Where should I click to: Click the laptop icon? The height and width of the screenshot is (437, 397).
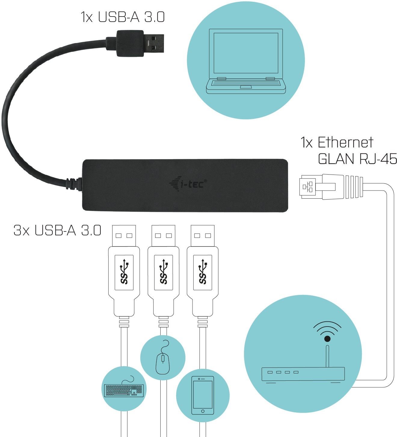[x=246, y=61]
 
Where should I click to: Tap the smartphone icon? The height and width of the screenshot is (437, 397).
[x=202, y=395]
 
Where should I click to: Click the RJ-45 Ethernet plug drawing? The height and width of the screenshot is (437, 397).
[x=331, y=187]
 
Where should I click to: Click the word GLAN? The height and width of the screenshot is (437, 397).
[x=336, y=159]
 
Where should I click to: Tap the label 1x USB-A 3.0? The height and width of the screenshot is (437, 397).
[x=123, y=17]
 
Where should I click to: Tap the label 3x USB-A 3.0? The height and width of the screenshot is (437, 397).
[x=57, y=230]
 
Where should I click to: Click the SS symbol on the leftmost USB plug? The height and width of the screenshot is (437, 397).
[x=124, y=272]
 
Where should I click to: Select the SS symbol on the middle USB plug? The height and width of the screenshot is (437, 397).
[x=163, y=272]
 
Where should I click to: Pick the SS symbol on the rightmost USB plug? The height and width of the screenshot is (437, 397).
[x=202, y=272]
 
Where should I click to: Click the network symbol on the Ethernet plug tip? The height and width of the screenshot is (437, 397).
[x=307, y=187]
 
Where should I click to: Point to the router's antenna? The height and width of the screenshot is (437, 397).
[x=327, y=355]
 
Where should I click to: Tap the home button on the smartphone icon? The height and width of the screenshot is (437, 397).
[x=202, y=411]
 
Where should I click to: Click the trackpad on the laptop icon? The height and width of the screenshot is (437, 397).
[x=246, y=87]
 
